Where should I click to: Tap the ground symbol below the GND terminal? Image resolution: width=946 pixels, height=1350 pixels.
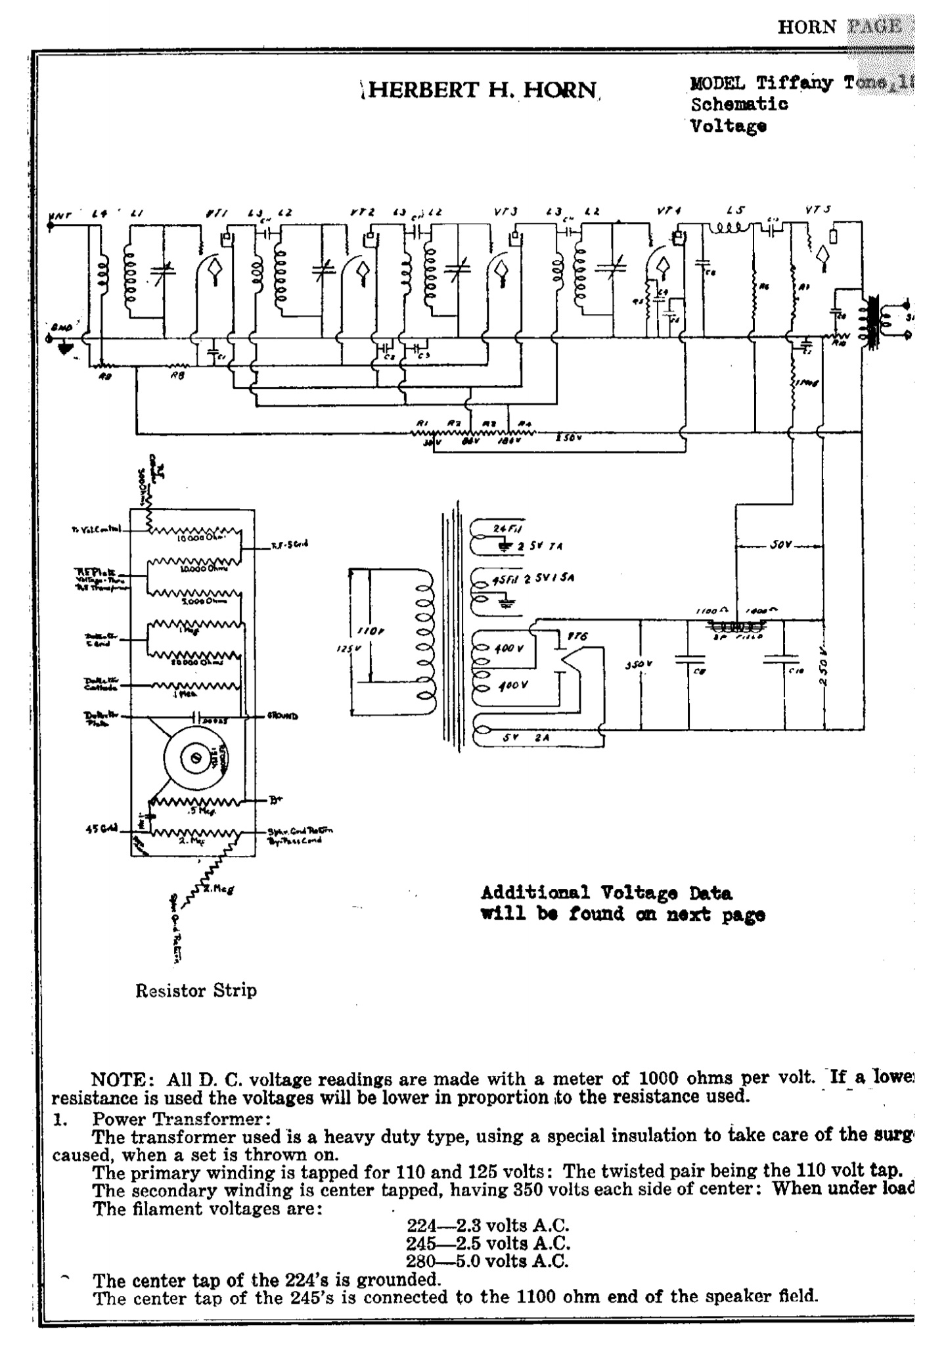64,348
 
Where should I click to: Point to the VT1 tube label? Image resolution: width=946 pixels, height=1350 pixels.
212,213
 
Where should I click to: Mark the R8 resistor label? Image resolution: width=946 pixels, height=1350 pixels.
178,376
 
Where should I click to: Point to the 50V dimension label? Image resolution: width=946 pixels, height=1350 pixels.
780,545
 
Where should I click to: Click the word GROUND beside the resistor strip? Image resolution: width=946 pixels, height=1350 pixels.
282,716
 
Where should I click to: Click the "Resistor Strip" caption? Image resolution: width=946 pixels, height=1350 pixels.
196,990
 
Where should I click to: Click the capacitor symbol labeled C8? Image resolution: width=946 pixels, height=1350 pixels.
690,659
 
